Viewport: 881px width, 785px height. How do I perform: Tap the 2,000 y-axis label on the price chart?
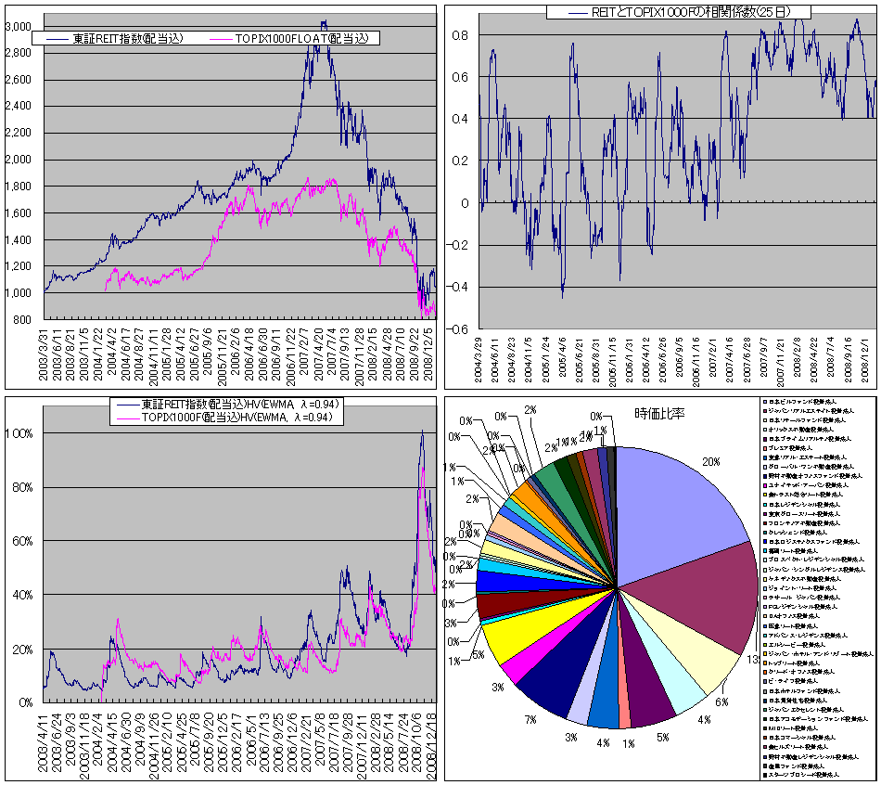pyautogui.click(x=18, y=160)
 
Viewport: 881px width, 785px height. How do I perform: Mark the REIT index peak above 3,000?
pyautogui.click(x=323, y=22)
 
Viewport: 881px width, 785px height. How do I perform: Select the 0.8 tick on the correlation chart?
pyautogui.click(x=460, y=35)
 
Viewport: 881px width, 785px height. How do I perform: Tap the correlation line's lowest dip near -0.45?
pyautogui.click(x=562, y=296)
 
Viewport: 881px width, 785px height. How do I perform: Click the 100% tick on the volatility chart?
pyautogui.click(x=20, y=433)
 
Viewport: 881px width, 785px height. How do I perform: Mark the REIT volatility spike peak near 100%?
pyautogui.click(x=422, y=431)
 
